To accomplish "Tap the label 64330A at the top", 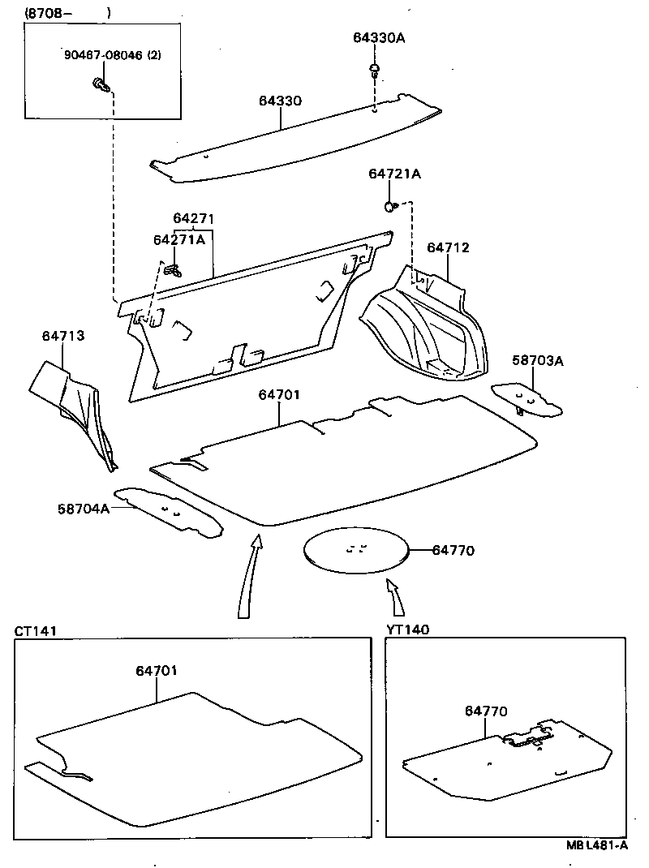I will (x=378, y=37).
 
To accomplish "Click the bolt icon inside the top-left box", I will (x=101, y=84).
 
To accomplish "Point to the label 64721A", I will (x=394, y=174).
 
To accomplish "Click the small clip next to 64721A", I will (x=391, y=206).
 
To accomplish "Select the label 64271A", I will (x=178, y=239).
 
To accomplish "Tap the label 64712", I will (x=448, y=247).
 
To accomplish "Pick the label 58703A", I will (x=537, y=360).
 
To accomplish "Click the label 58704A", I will (x=83, y=509).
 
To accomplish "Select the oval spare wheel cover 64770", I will (x=355, y=552).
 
